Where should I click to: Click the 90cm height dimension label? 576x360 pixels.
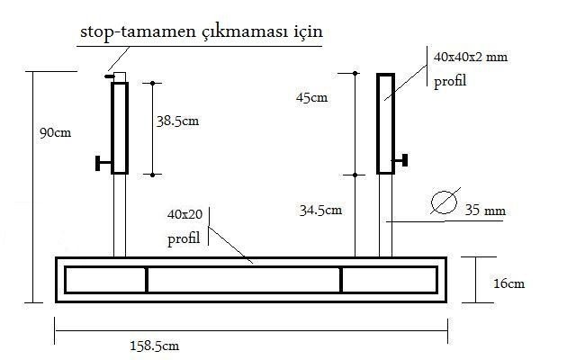(55, 131)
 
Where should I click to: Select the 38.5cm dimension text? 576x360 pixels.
(176, 121)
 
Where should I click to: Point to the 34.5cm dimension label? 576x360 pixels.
(320, 211)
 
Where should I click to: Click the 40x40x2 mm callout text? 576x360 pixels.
(470, 57)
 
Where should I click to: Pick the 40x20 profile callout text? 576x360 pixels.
(185, 216)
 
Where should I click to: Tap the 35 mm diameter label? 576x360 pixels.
(485, 212)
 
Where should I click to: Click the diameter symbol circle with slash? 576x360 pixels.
(444, 202)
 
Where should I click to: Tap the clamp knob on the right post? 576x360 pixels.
(403, 160)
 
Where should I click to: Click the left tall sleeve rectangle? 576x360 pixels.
(119, 127)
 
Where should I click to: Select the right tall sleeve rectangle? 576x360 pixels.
(385, 123)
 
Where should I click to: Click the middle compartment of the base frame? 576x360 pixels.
(243, 280)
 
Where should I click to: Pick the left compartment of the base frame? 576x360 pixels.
(105, 280)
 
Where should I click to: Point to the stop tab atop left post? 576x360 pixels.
(109, 76)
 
